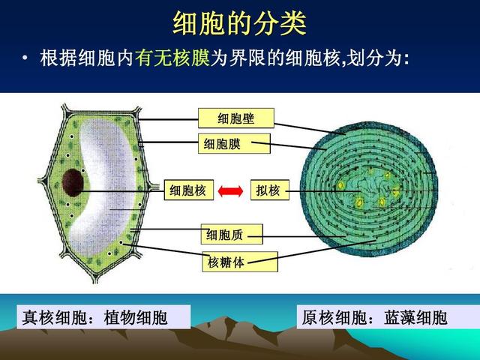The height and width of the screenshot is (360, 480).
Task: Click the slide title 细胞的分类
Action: [x=240, y=23]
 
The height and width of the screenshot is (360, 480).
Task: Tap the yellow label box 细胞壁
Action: [x=236, y=118]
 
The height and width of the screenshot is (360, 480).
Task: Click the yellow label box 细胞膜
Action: [x=234, y=143]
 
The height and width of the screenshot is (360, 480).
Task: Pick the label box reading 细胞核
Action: [x=188, y=190]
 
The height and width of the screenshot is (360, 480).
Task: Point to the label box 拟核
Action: [x=270, y=190]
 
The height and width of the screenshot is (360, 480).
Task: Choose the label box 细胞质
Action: [x=232, y=234]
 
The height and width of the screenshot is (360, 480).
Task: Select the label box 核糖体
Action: [x=240, y=262]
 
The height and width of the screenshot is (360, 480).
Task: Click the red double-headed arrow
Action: [x=230, y=191]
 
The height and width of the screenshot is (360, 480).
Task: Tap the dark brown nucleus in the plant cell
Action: [x=73, y=183]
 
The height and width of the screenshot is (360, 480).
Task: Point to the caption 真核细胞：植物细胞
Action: [x=94, y=317]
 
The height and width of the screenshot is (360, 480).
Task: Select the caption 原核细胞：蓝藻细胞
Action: [x=374, y=317]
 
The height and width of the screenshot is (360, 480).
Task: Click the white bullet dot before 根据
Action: [x=25, y=58]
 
